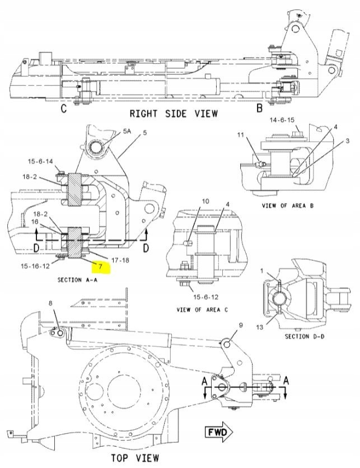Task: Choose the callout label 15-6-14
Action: click(x=41, y=161)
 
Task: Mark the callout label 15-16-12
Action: click(x=35, y=266)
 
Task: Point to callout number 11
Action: click(x=240, y=135)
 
